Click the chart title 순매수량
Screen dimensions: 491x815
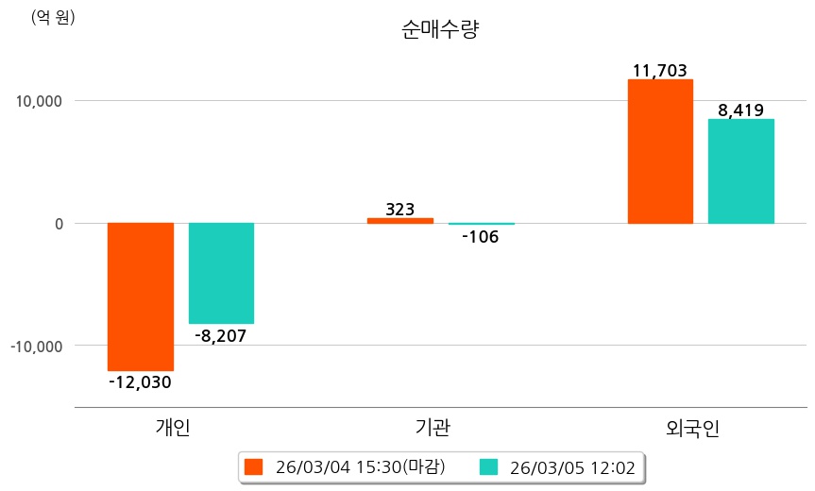coord(441,30)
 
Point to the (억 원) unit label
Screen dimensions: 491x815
coord(53,18)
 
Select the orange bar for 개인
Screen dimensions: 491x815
coord(141,296)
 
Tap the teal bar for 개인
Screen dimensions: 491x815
coord(221,273)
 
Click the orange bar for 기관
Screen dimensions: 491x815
coord(399,221)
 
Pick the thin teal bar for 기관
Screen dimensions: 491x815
coord(482,224)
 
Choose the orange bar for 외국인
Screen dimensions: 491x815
coord(660,151)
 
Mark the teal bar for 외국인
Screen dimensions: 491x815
coord(741,171)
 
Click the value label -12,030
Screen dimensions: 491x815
coord(141,382)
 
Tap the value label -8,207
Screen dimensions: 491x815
coord(221,335)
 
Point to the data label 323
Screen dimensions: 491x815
coord(399,209)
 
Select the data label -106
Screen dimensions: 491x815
coord(481,237)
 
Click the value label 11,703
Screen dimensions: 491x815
coord(660,70)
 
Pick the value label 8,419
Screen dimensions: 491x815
coord(741,110)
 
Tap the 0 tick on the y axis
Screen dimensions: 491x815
coord(59,224)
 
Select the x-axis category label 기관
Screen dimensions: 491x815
coord(433,428)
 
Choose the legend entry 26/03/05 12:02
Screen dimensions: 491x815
coord(558,467)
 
